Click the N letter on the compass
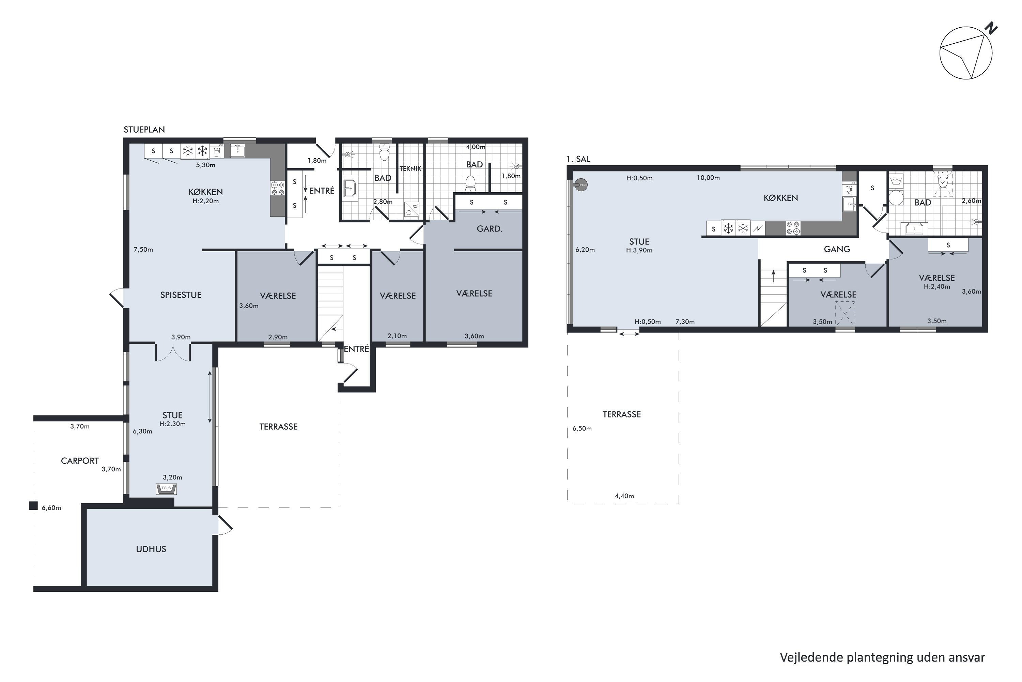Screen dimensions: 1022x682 (x=991, y=28)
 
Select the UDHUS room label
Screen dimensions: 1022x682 (x=151, y=549)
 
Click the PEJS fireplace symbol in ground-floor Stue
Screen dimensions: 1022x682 (x=167, y=489)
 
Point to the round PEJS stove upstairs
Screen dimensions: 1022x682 (x=581, y=185)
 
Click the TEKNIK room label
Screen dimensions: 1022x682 (x=410, y=169)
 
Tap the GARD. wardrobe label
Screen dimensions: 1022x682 (x=489, y=229)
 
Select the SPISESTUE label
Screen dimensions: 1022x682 (x=181, y=295)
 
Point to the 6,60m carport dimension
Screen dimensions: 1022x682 (x=51, y=508)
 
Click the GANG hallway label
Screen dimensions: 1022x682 (x=837, y=249)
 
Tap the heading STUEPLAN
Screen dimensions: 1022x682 (x=144, y=130)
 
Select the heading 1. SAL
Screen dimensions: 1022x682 (x=578, y=159)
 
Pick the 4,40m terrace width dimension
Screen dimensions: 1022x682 (x=624, y=496)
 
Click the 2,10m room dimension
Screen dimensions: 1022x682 (x=397, y=336)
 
